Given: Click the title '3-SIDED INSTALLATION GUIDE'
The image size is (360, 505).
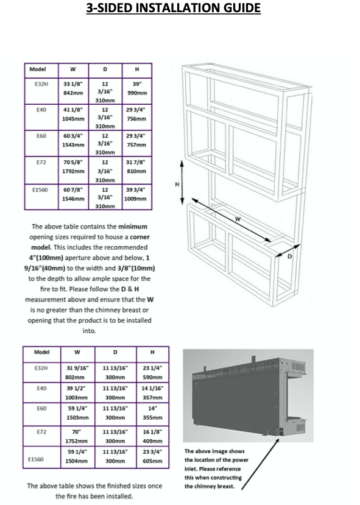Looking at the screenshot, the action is (173, 8).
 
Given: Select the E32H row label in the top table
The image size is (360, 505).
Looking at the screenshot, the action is (41, 85).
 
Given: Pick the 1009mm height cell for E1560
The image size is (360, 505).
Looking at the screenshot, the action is (135, 199).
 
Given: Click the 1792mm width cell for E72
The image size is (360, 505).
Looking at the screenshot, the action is (73, 171).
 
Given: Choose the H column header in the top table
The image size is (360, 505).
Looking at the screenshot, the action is (137, 69).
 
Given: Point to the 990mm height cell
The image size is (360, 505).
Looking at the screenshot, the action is (137, 93).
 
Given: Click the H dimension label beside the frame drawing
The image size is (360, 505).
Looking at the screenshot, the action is (177, 184).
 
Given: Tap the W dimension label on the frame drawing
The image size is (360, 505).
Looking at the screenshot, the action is (238, 219).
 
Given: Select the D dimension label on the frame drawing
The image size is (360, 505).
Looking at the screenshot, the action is (289, 256).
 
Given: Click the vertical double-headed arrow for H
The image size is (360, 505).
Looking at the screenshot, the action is (182, 182).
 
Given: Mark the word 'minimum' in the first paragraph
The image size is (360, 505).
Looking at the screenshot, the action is (133, 227).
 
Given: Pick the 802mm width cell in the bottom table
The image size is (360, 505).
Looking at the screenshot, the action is (75, 377).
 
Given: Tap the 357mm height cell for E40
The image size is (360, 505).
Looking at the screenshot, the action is (152, 397).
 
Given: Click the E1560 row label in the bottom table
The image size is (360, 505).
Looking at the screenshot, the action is (36, 459).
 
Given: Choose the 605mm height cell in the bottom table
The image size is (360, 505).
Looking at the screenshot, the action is (152, 461).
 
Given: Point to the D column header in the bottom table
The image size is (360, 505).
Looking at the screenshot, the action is (115, 352).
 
